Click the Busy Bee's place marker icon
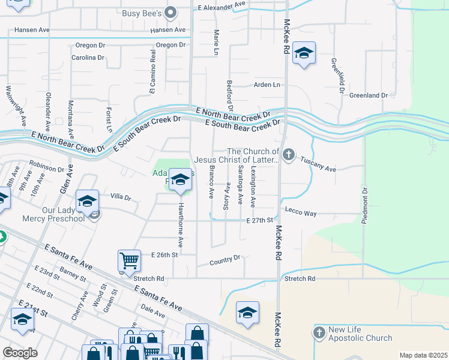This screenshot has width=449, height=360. click(171, 12)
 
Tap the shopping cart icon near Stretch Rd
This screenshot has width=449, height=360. click(129, 261)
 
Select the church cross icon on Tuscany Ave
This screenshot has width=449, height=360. click(289, 155)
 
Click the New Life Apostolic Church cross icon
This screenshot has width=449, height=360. click(319, 332)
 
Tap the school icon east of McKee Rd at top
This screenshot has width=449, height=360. click(304, 54)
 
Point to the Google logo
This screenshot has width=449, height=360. click(20, 353)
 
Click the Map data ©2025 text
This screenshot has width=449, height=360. click(423, 355)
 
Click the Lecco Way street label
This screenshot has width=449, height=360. click(301, 214)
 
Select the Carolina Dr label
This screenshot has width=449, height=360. click(88, 58)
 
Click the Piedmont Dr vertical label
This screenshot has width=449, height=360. click(364, 206)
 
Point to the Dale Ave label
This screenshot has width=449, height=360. click(152, 311)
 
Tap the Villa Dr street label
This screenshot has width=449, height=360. click(121, 197)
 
